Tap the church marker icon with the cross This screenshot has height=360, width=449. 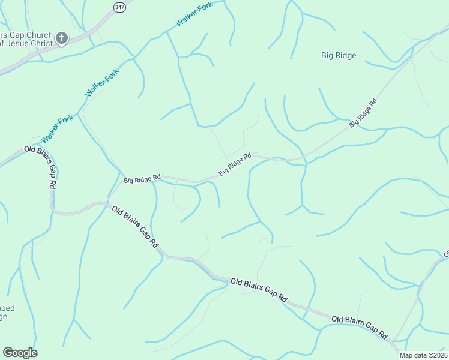click(61, 40)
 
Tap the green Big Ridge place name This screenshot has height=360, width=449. click(339, 56)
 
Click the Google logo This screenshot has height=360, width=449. click(20, 353)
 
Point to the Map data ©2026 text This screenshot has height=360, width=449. click(423, 355)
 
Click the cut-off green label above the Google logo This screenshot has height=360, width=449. click(7, 312)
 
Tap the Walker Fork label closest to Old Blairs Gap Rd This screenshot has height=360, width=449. click(57, 128)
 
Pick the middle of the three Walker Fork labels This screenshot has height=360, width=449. click(102, 83)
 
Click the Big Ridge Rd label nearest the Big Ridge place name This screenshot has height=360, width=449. click(363, 112)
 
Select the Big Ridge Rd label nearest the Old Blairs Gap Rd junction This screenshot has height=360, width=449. click(142, 178)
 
